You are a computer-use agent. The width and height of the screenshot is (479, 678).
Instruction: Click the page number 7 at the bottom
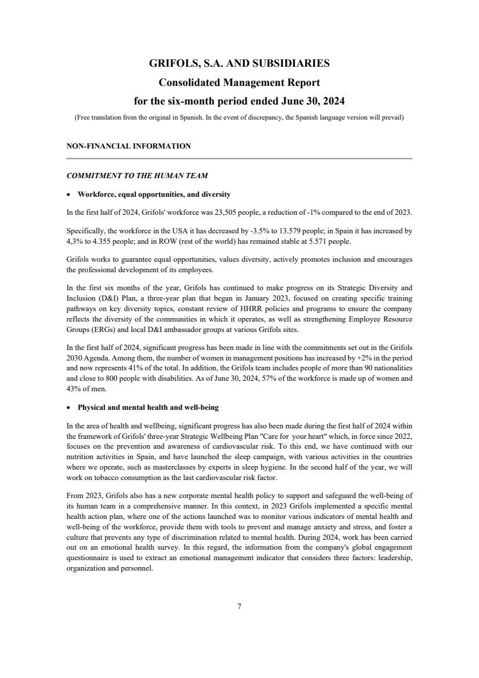tap(239, 607)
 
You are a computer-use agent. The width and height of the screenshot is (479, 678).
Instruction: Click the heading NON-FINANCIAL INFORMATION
tap(129, 146)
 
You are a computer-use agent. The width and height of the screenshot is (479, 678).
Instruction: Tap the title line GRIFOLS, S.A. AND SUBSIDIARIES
tap(239, 63)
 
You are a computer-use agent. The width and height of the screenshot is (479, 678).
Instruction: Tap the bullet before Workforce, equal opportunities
tap(70, 194)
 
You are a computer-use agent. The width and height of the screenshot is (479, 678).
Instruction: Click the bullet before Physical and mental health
tap(70, 407)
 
